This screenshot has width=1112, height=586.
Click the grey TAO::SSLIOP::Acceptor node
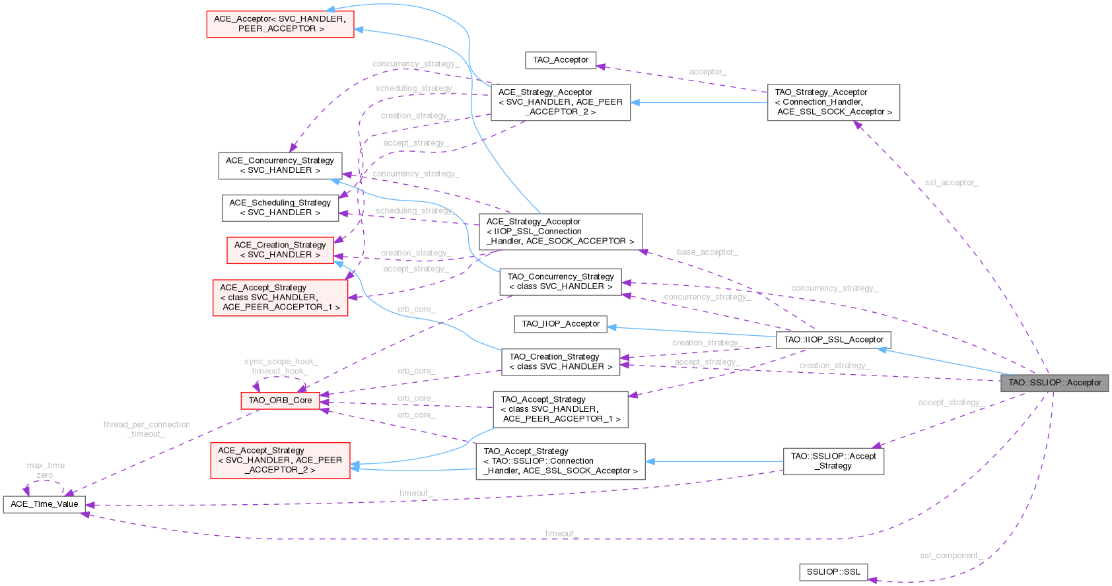pos(1055,383)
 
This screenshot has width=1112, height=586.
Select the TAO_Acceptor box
pos(561,60)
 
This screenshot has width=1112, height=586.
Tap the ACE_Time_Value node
pos(44,504)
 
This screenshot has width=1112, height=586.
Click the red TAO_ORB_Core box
pos(280,401)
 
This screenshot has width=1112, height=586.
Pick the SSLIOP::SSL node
pos(833,572)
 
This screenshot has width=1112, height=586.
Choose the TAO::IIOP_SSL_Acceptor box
pos(833,340)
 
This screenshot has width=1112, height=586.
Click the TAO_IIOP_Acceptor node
pos(561,324)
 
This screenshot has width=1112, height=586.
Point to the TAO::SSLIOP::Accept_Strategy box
pos(833,461)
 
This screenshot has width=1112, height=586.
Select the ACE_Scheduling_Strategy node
pos(280,208)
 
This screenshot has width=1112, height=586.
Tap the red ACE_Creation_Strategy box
pos(280,250)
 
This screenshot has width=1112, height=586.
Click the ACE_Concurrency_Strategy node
pos(280,166)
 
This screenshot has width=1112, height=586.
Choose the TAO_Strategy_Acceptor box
pos(833,102)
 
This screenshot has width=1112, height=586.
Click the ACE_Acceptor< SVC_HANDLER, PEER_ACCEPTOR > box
pos(280,24)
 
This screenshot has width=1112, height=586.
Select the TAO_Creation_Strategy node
pos(561,362)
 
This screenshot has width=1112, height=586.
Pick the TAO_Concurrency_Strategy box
pos(561,282)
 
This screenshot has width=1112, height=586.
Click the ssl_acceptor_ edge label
pos(952,183)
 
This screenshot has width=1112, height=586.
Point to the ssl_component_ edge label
pos(951,556)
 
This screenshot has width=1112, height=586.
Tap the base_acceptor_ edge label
pos(707,252)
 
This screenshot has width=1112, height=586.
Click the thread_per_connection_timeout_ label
pos(147,429)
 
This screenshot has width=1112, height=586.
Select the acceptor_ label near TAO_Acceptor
pos(707,72)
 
